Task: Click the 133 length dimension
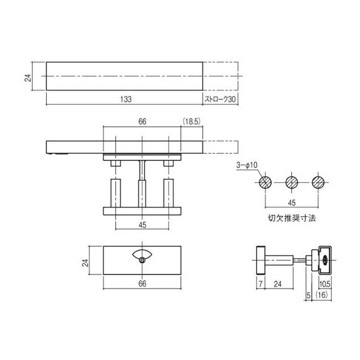click(x=126, y=99)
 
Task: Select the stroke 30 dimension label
click(x=220, y=99)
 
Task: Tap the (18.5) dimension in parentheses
click(x=192, y=121)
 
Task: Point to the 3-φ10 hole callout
click(x=247, y=165)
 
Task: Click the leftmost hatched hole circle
click(x=265, y=182)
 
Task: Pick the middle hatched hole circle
click(x=292, y=182)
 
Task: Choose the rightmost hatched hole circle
click(x=318, y=182)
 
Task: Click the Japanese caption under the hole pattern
click(x=292, y=218)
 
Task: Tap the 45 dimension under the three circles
click(x=291, y=203)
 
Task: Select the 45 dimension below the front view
click(x=142, y=225)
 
